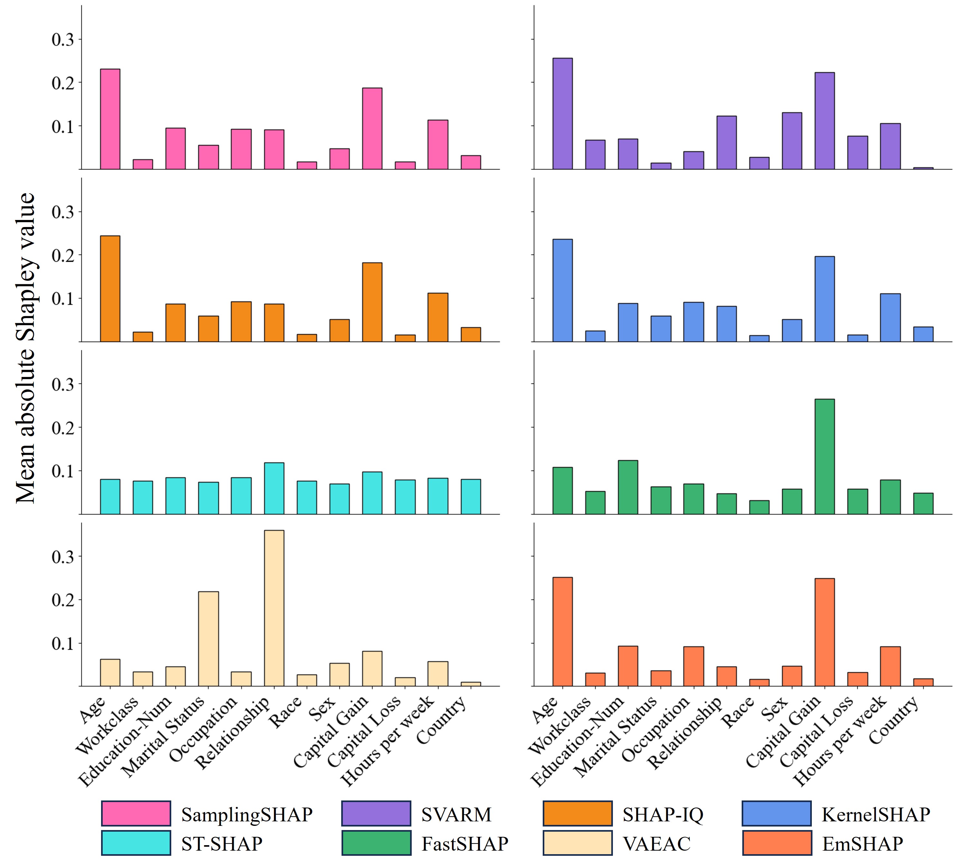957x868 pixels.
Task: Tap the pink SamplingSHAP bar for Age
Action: tap(110, 119)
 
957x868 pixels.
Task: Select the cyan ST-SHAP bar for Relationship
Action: tap(274, 488)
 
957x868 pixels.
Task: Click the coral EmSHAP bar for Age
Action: tap(563, 631)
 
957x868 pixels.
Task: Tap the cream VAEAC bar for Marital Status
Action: tap(208, 638)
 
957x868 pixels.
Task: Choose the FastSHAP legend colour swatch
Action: tap(376, 843)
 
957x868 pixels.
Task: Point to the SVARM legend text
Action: tap(456, 814)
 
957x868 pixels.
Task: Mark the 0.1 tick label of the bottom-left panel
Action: tap(63, 644)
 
